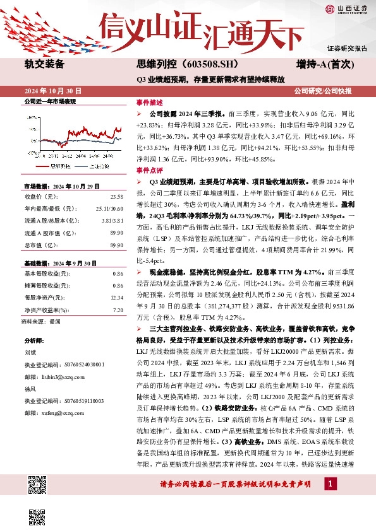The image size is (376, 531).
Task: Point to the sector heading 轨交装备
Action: pyautogui.click(x=44, y=64)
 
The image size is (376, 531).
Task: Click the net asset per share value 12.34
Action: pyautogui.click(x=116, y=296)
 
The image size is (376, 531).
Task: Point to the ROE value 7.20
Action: pyautogui.click(x=118, y=310)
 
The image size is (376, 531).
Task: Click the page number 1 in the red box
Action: pyautogui.click(x=330, y=484)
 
